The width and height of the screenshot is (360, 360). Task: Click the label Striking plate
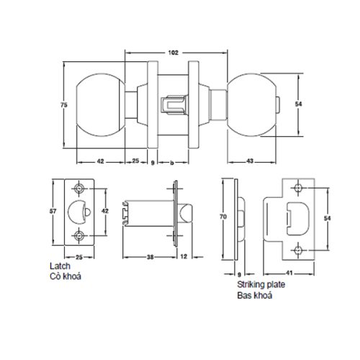[x=257, y=286]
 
